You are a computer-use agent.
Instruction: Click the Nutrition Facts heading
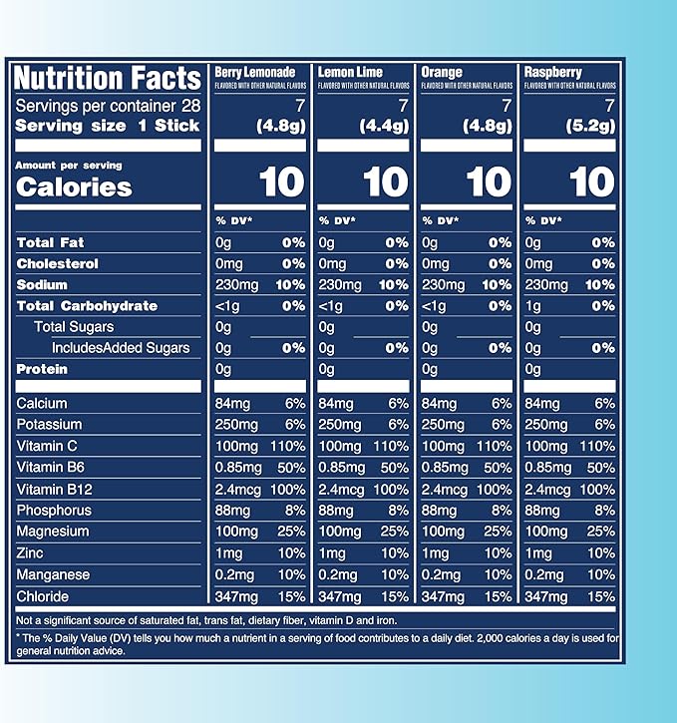pos(108,78)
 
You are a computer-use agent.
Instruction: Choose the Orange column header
pos(442,73)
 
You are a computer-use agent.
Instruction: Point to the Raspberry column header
pos(555,73)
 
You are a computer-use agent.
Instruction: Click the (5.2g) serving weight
pos(592,126)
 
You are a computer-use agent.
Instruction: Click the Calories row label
pos(75,187)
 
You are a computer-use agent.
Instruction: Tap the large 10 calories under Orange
pos(489,181)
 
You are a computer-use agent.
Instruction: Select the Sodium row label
pos(43,285)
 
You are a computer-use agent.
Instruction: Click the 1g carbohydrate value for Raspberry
pos(533,306)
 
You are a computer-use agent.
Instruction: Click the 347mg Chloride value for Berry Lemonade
pos(237,596)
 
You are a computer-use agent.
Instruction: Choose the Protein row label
pos(43,369)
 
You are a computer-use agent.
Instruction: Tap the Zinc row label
pos(31,553)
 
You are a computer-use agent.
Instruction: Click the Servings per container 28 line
pos(101,106)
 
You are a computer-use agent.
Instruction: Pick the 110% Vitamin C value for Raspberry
pos(597,446)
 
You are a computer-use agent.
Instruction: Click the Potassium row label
pos(50,425)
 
